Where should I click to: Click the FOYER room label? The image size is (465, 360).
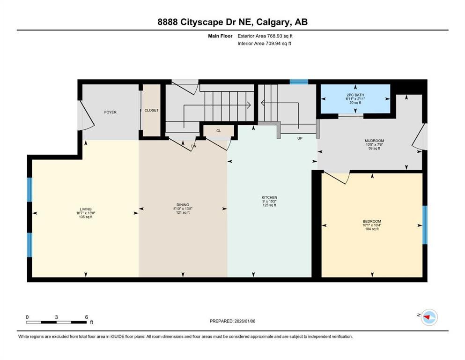(x=110, y=112)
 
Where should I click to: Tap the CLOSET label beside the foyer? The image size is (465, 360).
(x=151, y=111)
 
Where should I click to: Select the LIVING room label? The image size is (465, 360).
(x=86, y=209)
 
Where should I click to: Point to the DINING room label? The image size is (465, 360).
(x=183, y=205)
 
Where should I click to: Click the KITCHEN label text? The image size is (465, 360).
(x=269, y=197)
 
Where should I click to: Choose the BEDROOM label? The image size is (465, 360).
(x=372, y=221)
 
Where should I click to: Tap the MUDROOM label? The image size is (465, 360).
(x=374, y=141)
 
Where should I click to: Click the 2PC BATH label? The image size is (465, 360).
(x=355, y=95)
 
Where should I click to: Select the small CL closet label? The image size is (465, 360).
(x=218, y=131)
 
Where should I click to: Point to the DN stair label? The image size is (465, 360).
(x=194, y=146)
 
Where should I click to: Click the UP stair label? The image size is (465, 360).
(x=300, y=139)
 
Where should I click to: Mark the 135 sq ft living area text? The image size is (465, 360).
(x=86, y=217)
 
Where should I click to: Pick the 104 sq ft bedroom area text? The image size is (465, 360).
(x=372, y=229)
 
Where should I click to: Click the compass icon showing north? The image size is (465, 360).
(x=428, y=317)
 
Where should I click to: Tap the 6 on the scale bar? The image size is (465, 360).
(x=87, y=317)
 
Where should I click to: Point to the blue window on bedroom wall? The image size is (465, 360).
(x=425, y=225)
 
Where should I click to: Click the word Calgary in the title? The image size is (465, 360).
(x=268, y=22)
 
